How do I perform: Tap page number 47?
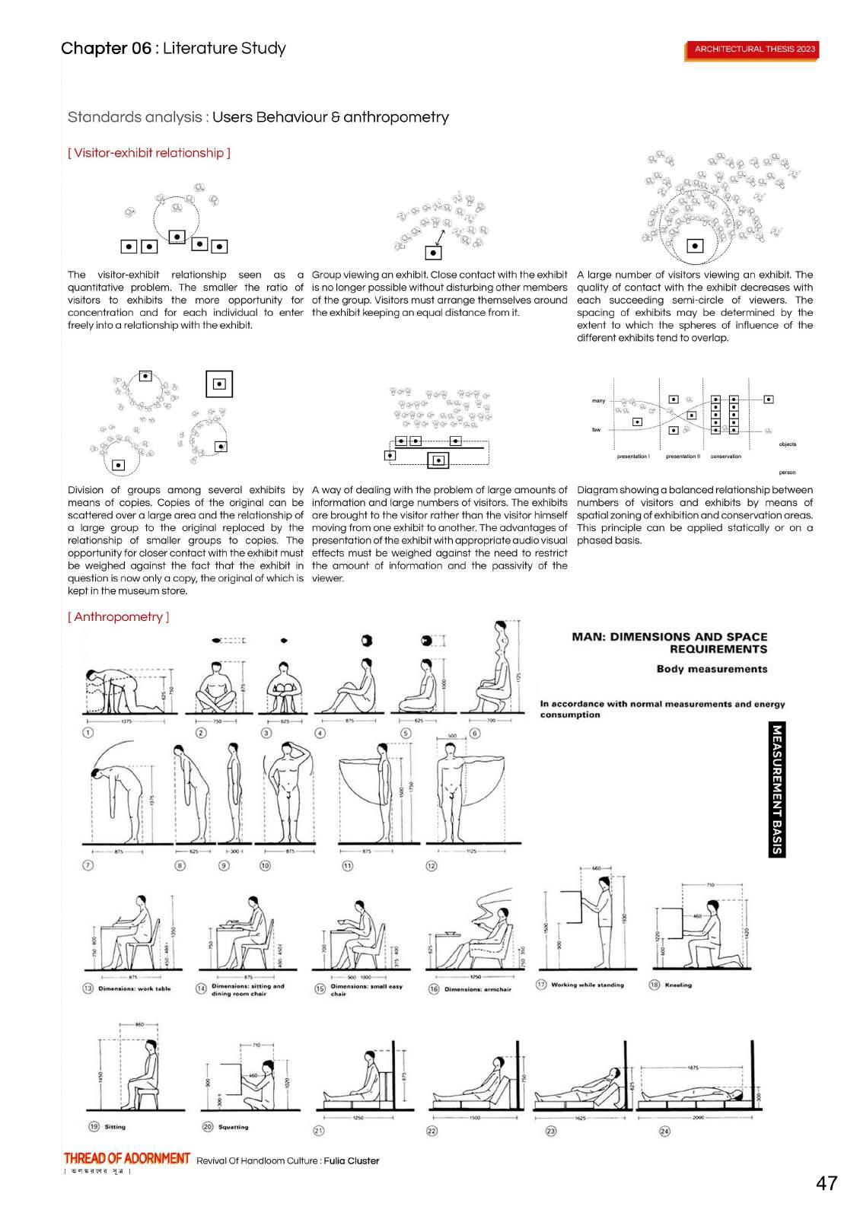(x=826, y=1183)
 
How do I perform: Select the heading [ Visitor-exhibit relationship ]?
(x=149, y=153)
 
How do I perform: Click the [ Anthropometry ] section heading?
(x=118, y=617)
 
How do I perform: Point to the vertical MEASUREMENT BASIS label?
(x=776, y=789)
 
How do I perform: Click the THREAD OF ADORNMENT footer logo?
(x=127, y=1158)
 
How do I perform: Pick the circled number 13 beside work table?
(x=88, y=988)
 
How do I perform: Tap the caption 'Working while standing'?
(x=587, y=985)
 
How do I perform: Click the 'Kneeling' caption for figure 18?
(x=678, y=985)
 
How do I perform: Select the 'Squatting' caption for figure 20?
(x=233, y=1127)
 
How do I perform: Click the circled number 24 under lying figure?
(x=664, y=1131)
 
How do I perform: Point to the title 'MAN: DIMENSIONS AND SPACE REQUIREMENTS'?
(x=669, y=643)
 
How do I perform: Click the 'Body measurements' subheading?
(x=712, y=669)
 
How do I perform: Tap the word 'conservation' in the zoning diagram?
(x=725, y=457)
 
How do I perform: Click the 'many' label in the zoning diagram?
(x=599, y=401)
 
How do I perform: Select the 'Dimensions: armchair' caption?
(x=478, y=989)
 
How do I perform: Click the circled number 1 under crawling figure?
(x=88, y=733)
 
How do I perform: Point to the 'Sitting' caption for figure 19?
(x=115, y=1127)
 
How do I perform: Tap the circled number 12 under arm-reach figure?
(x=432, y=866)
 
